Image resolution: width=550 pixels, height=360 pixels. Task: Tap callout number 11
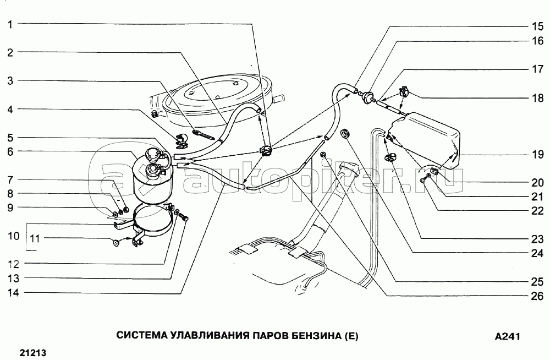34,238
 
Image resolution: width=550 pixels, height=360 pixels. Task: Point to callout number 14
12,293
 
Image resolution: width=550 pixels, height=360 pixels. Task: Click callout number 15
537,26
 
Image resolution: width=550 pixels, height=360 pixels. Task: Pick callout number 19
537,155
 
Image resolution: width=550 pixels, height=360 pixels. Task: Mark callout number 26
537,296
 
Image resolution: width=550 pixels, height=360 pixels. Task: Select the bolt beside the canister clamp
184,220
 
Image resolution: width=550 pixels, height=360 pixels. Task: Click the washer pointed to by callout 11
116,242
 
